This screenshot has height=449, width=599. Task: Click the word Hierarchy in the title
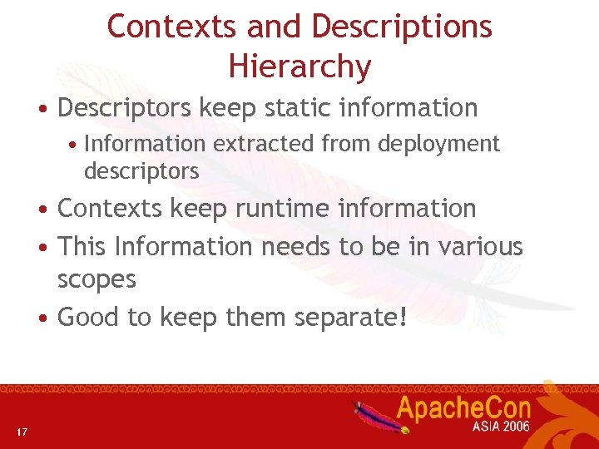tap(299, 67)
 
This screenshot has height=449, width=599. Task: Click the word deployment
tap(438, 144)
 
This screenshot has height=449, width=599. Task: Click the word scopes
tap(97, 279)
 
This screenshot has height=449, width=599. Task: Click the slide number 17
tap(22, 431)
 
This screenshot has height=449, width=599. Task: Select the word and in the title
tap(275, 27)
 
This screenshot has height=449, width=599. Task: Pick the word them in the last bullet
tap(228, 317)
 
